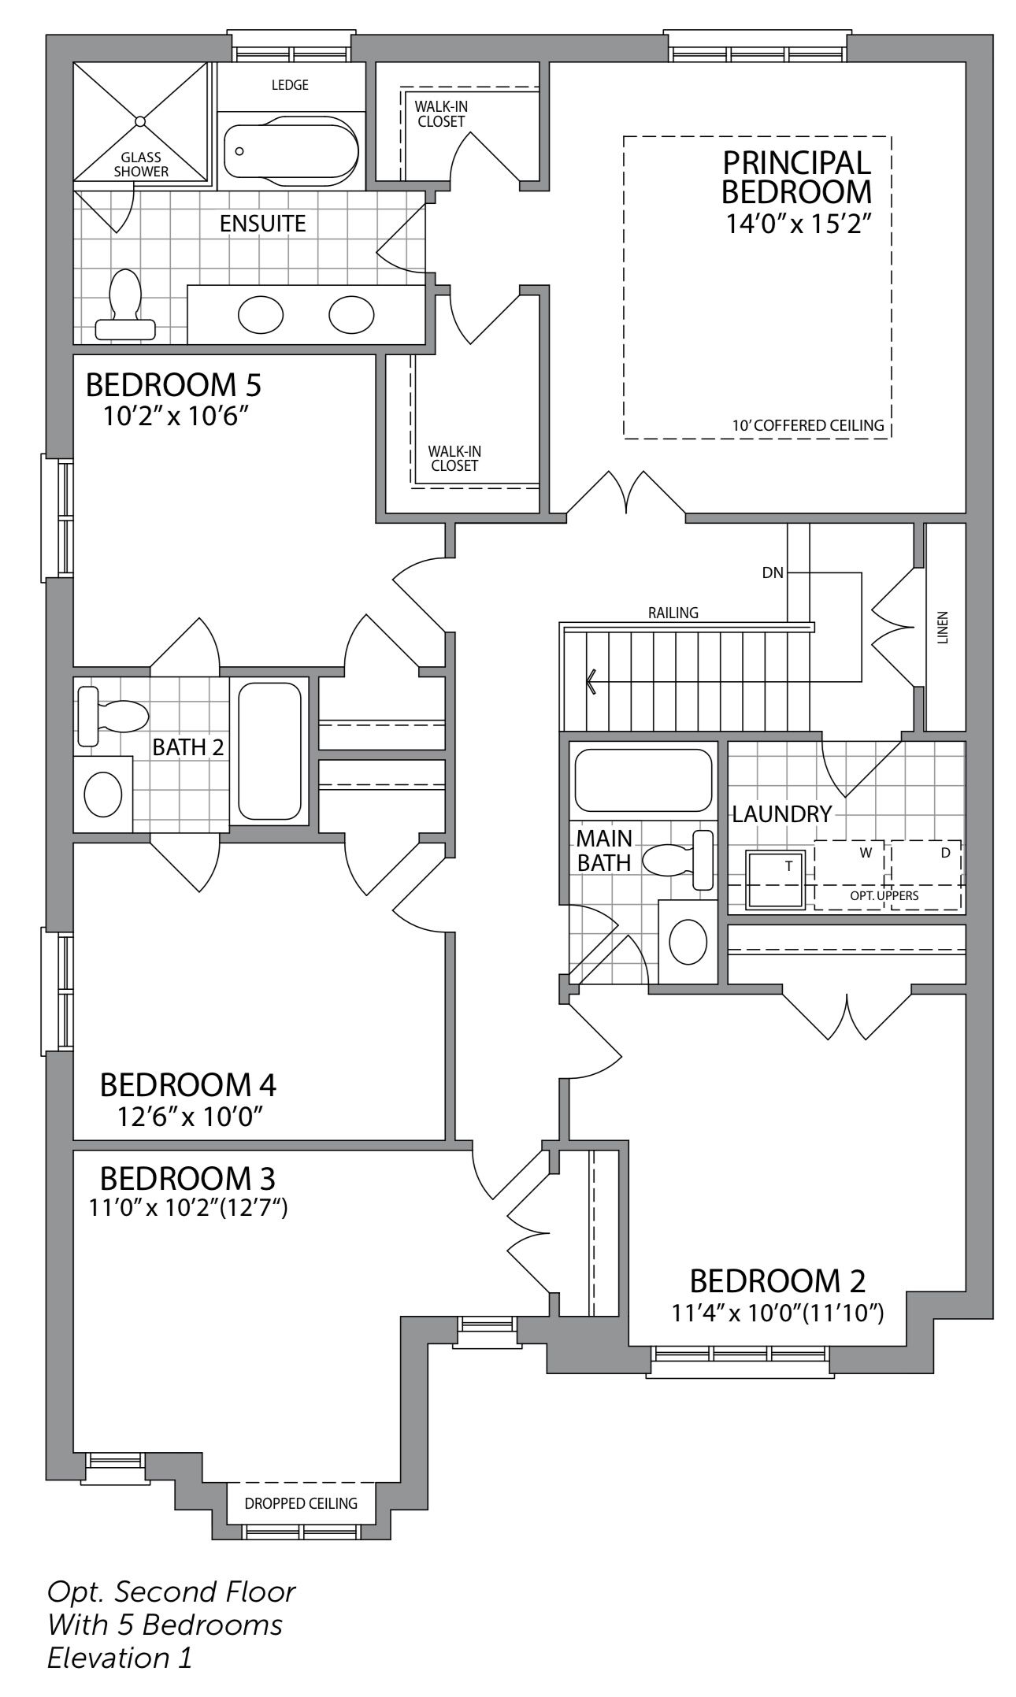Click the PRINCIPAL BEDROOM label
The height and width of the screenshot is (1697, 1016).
pyautogui.click(x=797, y=177)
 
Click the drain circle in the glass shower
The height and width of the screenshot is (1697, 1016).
pyautogui.click(x=139, y=121)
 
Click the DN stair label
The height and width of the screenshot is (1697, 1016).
pyautogui.click(x=773, y=572)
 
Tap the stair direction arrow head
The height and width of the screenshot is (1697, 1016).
pyautogui.click(x=591, y=680)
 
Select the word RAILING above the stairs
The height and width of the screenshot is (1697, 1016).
pyautogui.click(x=673, y=613)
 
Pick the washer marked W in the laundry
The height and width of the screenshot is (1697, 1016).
pyautogui.click(x=848, y=875)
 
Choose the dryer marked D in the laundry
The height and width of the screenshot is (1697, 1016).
pyautogui.click(x=926, y=875)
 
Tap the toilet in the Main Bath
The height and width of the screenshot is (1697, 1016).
pyautogui.click(x=678, y=859)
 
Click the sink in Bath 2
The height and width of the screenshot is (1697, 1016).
pyautogui.click(x=103, y=794)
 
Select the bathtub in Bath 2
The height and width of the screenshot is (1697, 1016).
pyautogui.click(x=269, y=751)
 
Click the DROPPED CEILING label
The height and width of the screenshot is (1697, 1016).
pyautogui.click(x=301, y=1503)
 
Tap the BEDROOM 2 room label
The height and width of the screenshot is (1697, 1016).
pyautogui.click(x=777, y=1281)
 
